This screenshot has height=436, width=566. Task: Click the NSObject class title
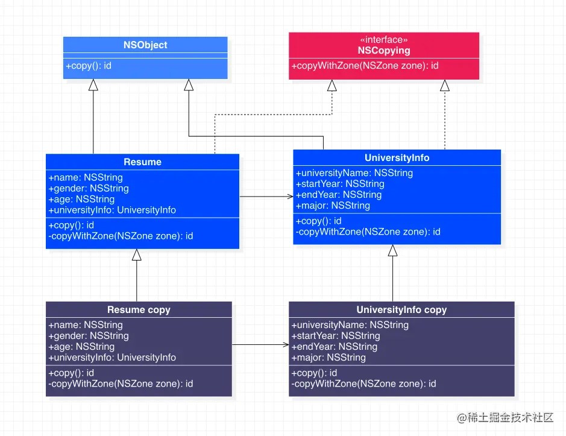(x=145, y=45)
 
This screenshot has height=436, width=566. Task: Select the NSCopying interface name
(x=384, y=51)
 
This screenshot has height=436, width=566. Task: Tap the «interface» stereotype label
(x=384, y=40)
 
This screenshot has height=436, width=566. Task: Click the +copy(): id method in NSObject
(x=89, y=65)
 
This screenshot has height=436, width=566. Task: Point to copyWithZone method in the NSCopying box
(x=365, y=66)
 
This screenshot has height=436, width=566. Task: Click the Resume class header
(x=142, y=162)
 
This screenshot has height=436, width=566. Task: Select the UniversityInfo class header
(x=397, y=157)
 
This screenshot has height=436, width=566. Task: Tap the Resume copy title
(x=139, y=309)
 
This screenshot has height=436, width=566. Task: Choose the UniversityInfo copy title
(x=401, y=309)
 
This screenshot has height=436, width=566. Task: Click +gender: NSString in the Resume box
(x=88, y=188)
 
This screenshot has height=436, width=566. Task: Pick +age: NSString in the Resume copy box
(x=81, y=347)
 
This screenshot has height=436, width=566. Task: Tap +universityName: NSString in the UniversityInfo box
(x=354, y=173)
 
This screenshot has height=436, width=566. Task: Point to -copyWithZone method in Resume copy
(x=121, y=384)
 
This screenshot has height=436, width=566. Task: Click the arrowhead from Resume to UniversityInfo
(x=289, y=197)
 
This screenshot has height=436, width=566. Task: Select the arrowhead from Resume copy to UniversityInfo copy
(x=285, y=345)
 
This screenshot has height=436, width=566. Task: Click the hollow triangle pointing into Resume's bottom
(x=137, y=254)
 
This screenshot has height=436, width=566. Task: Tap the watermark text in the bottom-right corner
(x=505, y=418)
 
